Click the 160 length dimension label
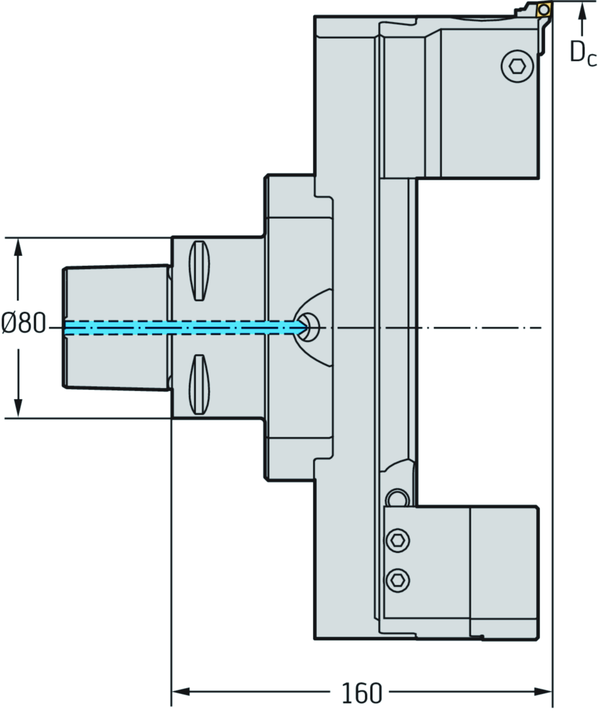click(362, 693)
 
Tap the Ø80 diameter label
click(24, 324)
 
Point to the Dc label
click(583, 54)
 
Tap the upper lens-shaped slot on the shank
click(199, 271)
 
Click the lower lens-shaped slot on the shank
click(199, 385)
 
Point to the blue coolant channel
click(177, 328)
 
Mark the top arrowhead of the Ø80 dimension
click(18, 246)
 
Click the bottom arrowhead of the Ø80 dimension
click(18, 409)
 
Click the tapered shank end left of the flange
click(115, 328)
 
